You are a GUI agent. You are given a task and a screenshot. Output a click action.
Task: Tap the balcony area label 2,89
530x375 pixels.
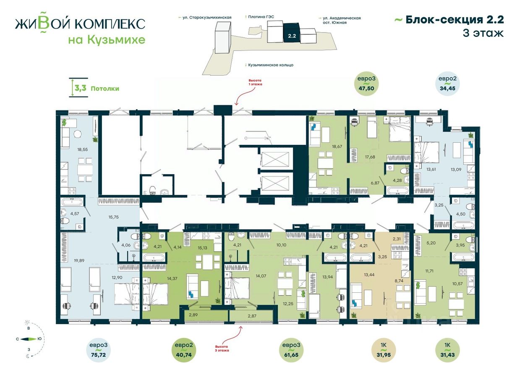click(193, 315)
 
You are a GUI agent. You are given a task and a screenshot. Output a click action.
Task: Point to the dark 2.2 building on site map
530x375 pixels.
click(292, 33)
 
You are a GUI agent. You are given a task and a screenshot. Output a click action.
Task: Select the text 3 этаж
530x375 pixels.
click(483, 34)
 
